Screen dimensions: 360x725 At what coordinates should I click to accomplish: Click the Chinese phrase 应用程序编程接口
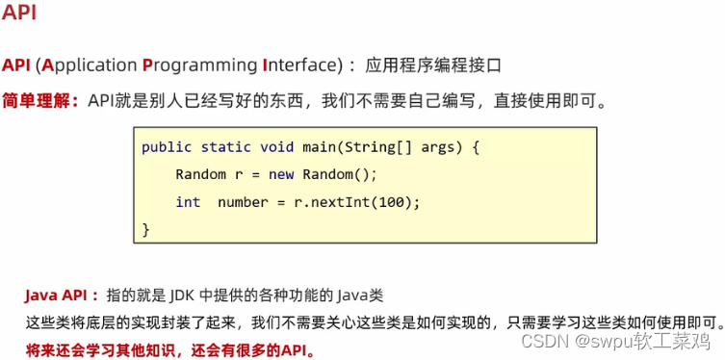pos(433,65)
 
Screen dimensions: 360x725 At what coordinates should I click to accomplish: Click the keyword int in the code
pos(188,202)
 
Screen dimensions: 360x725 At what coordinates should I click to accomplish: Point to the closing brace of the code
pos(146,229)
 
